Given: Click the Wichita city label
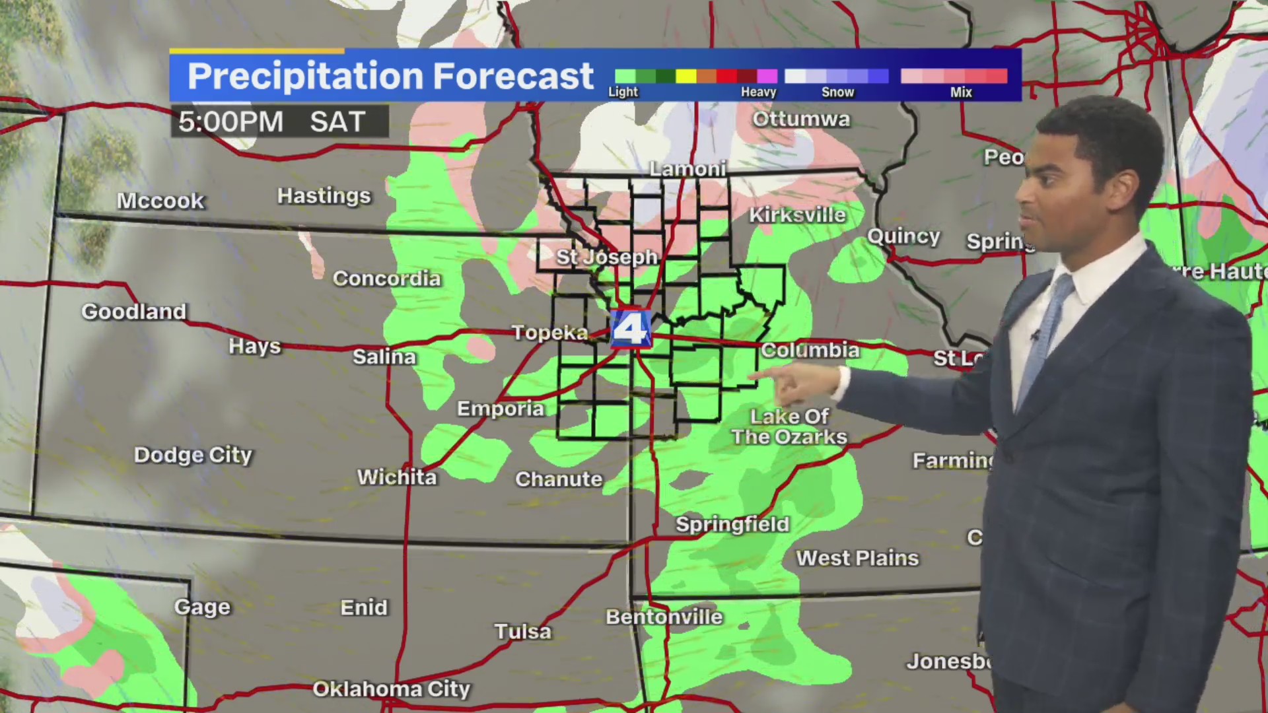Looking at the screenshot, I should pyautogui.click(x=397, y=477).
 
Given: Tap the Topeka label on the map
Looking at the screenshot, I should pyautogui.click(x=549, y=332).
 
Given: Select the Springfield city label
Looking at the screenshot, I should pyautogui.click(x=732, y=524).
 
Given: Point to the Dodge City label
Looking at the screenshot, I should pyautogui.click(x=193, y=455).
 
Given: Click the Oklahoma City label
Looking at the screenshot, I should pyautogui.click(x=391, y=689).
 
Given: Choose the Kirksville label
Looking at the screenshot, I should pyautogui.click(x=797, y=215).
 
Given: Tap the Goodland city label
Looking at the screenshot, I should pyautogui.click(x=134, y=311).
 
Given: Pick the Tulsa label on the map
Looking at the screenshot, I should pyautogui.click(x=523, y=631).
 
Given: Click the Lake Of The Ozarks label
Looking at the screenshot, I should pyautogui.click(x=789, y=426).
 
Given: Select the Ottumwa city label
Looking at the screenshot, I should pyautogui.click(x=802, y=119).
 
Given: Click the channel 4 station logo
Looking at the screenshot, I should pyautogui.click(x=631, y=328).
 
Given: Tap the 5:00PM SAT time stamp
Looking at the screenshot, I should pyautogui.click(x=272, y=122).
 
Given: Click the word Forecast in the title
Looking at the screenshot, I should pyautogui.click(x=513, y=76).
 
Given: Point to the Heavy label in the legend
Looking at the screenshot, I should pyautogui.click(x=758, y=92).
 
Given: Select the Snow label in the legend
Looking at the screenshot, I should pyautogui.click(x=837, y=92).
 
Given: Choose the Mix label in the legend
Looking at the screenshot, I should pyautogui.click(x=961, y=92).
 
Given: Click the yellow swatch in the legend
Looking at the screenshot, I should pyautogui.click(x=686, y=76).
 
